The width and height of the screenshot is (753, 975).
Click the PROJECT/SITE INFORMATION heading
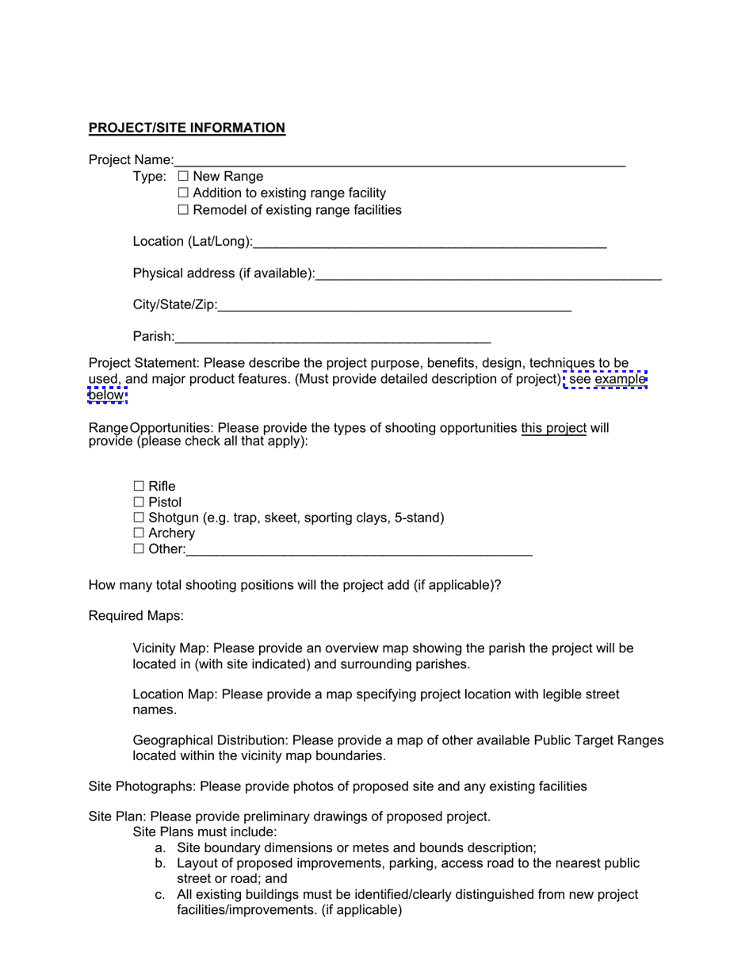tap(186, 128)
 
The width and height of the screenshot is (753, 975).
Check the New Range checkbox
tap(184, 176)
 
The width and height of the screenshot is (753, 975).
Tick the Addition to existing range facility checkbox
tap(184, 193)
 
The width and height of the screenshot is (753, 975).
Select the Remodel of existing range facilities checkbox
tap(184, 210)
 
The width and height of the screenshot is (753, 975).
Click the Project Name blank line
tap(399, 160)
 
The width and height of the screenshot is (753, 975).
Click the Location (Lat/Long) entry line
tap(430, 242)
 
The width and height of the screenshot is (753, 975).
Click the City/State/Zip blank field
tap(394, 305)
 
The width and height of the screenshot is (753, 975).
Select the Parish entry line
tap(332, 337)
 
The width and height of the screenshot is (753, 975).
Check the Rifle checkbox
tap(140, 486)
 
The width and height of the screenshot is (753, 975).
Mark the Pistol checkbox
tap(140, 502)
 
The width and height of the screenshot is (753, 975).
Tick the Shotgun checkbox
tap(140, 518)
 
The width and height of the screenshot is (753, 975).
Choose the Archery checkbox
tap(140, 533)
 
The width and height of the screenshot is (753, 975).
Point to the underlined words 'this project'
tap(553, 428)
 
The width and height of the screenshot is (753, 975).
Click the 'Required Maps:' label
tap(136, 616)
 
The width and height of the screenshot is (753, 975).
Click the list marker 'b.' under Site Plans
tap(160, 863)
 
